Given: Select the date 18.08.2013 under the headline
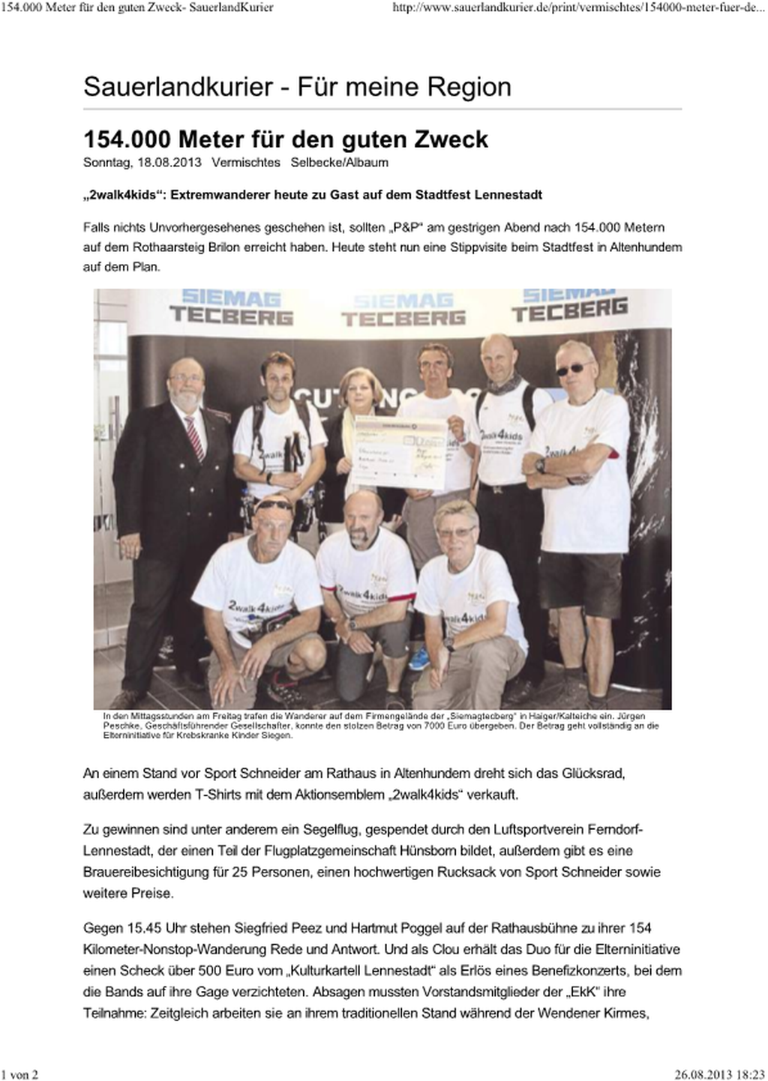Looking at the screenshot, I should pos(169,163).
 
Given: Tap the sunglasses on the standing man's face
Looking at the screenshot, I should pos(573,369).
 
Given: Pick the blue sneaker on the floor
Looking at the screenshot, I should pos(420,658).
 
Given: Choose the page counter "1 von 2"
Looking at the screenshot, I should pos(20,1074).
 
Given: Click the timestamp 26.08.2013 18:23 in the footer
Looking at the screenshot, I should pos(719,1074).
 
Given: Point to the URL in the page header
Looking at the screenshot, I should pos(578,8).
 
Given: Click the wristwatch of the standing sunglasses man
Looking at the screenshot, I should pos(540,466).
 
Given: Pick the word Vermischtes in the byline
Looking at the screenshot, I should pos(246,163).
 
